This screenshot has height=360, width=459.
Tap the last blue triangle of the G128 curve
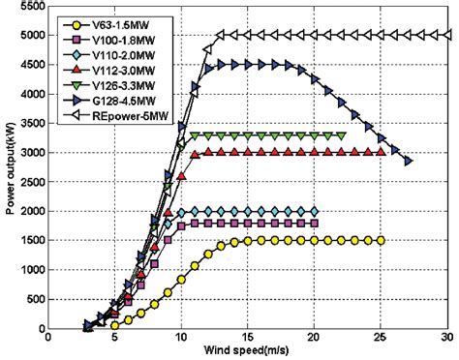point(408,161)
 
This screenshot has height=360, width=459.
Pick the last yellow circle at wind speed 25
point(381,240)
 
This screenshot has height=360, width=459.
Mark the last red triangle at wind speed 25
point(381,152)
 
